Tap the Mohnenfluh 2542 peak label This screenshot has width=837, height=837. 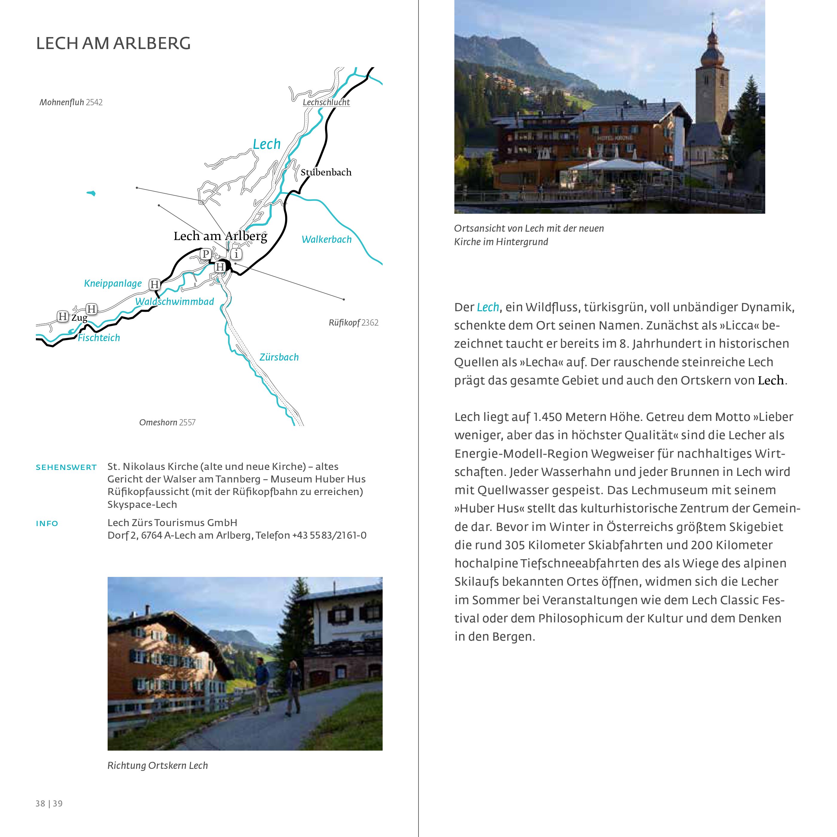click(71, 103)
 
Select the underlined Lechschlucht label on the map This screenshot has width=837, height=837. click(326, 102)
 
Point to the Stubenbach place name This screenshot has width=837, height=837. click(326, 172)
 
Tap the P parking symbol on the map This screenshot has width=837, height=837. click(206, 254)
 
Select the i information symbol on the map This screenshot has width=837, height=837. click(236, 254)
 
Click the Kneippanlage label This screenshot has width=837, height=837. click(113, 283)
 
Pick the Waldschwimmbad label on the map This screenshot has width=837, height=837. click(175, 302)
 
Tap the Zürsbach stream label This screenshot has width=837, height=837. click(279, 358)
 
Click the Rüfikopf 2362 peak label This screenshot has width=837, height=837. click(354, 323)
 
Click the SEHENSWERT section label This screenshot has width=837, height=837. click(66, 468)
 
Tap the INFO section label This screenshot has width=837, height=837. click(47, 523)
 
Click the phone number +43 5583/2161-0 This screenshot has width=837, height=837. click(329, 535)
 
